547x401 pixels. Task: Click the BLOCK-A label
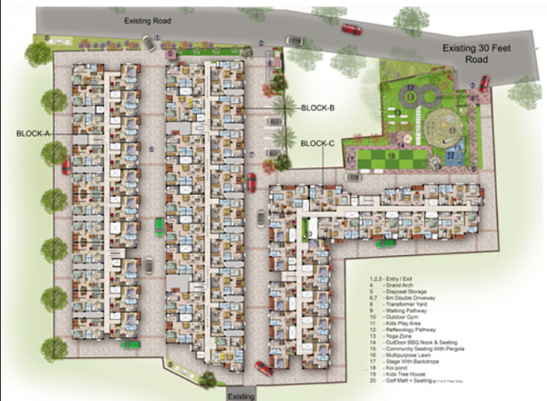coord(33,133)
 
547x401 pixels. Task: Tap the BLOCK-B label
coord(318,108)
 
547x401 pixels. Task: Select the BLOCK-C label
coord(318,144)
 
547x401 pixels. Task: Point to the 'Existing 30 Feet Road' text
coord(480,51)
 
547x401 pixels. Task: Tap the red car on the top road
coord(351,28)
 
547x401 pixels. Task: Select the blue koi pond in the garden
coord(451,156)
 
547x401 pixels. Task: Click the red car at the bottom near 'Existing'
coord(263,368)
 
